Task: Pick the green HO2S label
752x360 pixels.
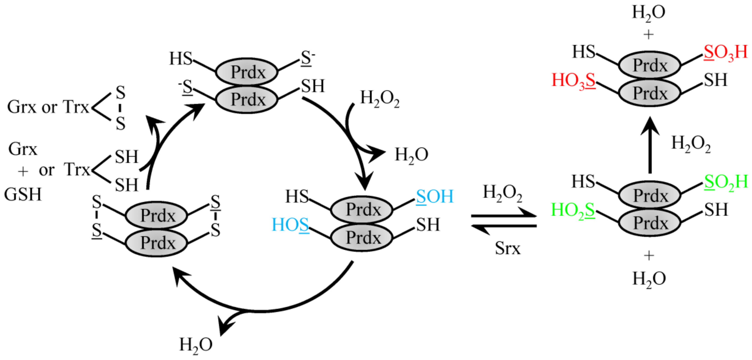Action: click(x=573, y=210)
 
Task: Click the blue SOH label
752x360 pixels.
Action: click(x=435, y=197)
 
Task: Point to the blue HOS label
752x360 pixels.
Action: click(x=290, y=225)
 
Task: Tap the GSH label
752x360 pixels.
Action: click(x=23, y=194)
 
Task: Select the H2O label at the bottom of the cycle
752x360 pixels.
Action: click(x=196, y=345)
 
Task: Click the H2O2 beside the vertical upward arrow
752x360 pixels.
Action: click(x=691, y=144)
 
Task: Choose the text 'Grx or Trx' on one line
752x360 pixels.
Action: click(x=48, y=107)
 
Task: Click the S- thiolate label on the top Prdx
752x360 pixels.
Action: click(x=307, y=58)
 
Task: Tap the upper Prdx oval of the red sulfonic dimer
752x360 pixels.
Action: click(x=650, y=65)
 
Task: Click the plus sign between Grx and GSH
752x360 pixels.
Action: click(x=23, y=171)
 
